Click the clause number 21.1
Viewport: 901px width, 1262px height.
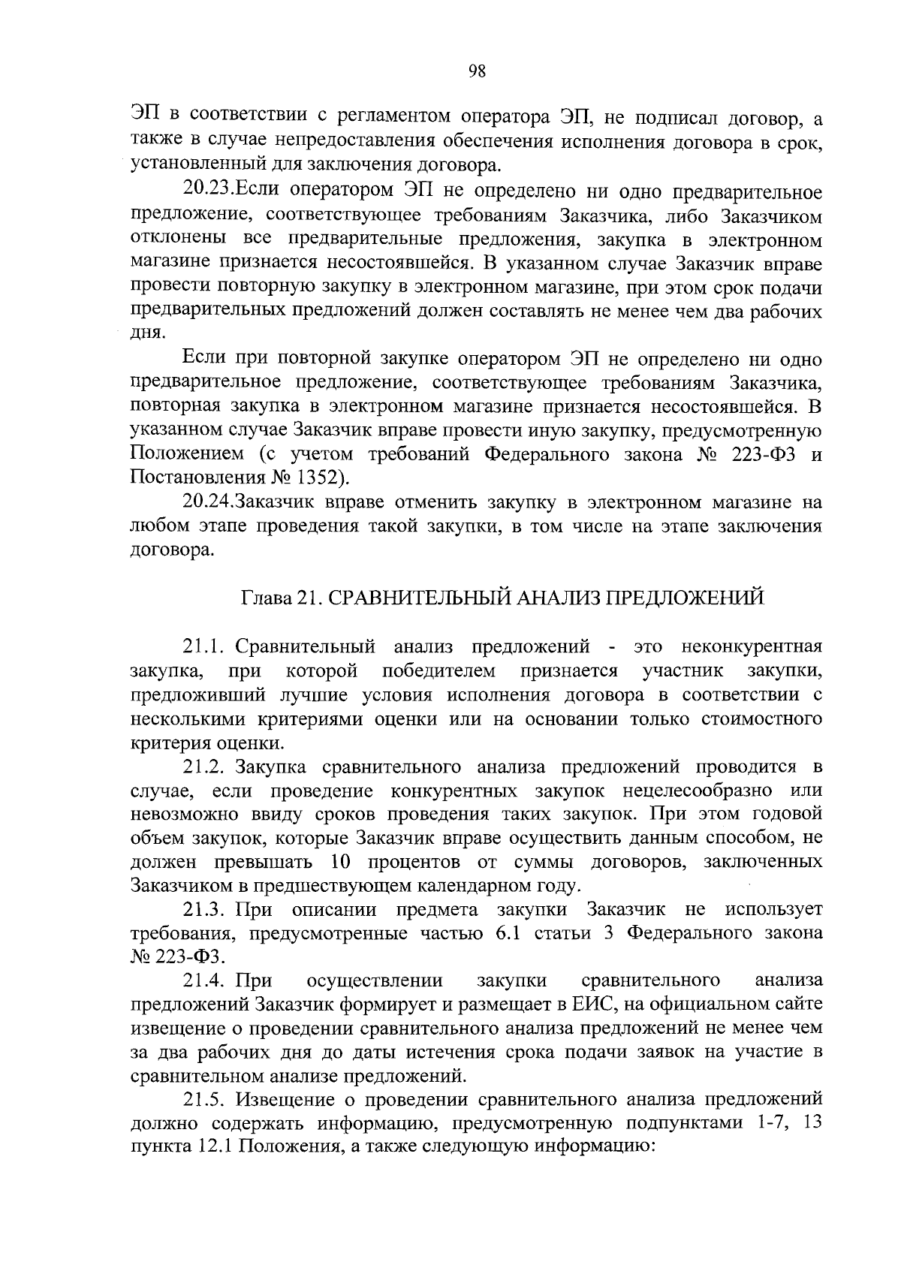(x=205, y=646)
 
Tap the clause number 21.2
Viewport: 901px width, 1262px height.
(x=205, y=767)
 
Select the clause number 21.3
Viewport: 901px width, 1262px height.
(x=205, y=910)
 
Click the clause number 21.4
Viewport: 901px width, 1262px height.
(x=205, y=980)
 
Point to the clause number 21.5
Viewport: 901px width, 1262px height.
(x=205, y=1100)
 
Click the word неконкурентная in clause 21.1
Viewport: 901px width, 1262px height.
(x=752, y=646)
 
